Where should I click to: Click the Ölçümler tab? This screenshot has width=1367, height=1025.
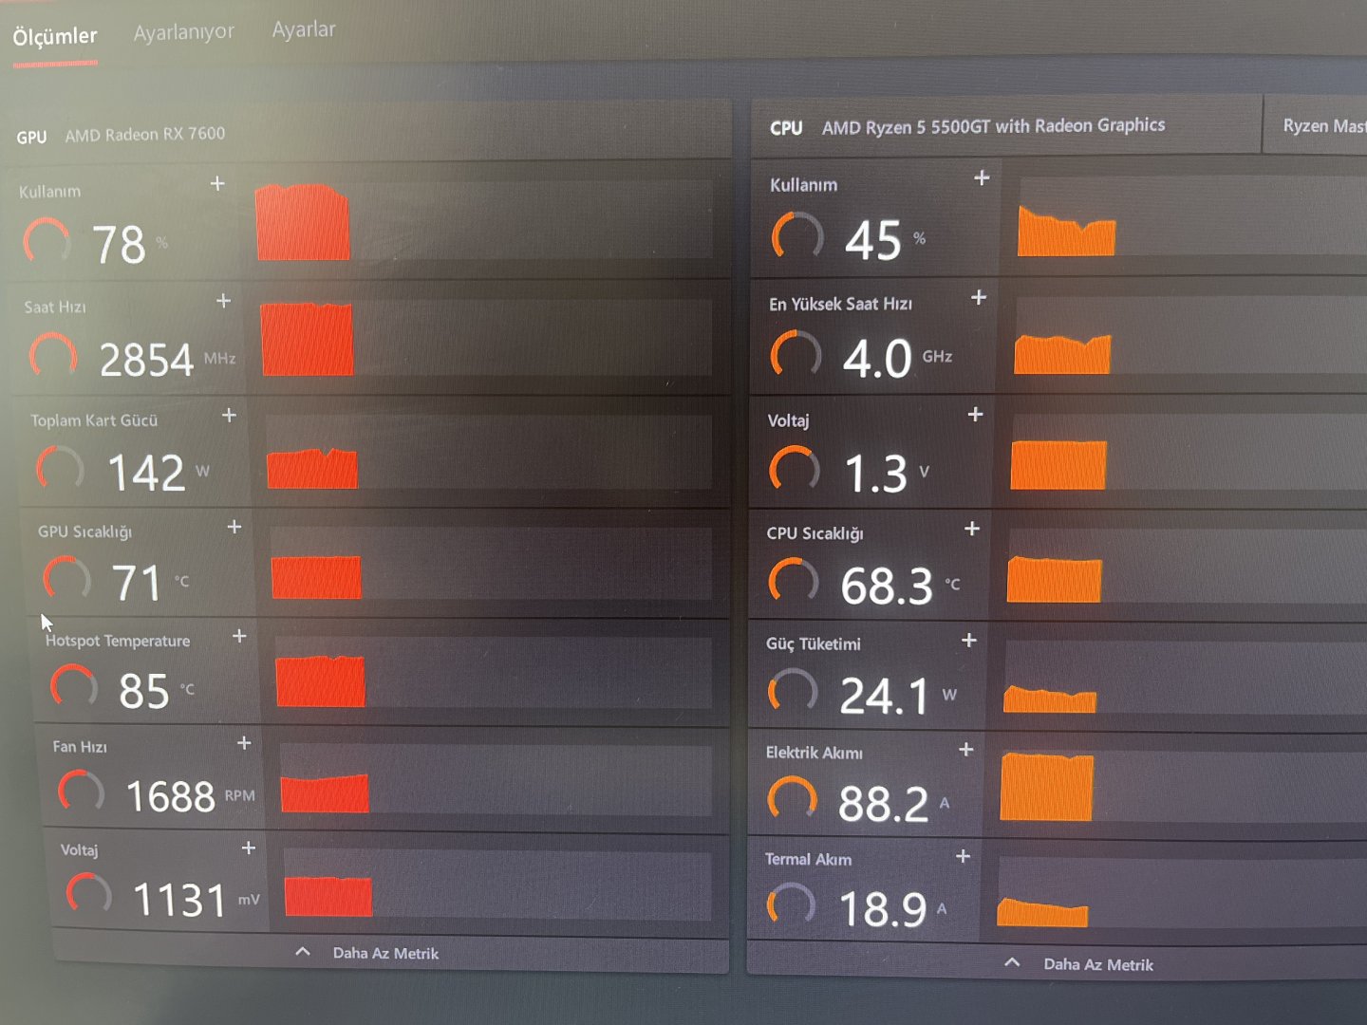55,37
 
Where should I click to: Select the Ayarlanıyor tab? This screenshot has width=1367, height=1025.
183,32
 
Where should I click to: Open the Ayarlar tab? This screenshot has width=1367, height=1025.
304,29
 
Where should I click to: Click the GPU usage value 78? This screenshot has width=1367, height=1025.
119,245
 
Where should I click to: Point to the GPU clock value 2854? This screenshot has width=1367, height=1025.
146,361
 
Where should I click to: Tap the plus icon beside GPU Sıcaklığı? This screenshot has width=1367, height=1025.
234,527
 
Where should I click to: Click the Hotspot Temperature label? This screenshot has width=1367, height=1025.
118,641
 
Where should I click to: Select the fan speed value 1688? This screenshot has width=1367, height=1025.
171,796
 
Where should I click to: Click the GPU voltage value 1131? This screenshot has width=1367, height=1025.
179,900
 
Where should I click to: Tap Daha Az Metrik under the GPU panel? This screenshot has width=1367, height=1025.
384,953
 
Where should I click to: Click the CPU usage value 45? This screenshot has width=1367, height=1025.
873,240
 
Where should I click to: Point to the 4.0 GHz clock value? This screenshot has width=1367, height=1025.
877,359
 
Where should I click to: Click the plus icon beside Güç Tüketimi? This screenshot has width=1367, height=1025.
968,641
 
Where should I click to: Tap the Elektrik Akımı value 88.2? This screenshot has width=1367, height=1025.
883,804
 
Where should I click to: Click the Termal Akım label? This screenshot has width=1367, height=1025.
808,859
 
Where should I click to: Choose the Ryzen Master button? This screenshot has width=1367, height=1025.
1322,126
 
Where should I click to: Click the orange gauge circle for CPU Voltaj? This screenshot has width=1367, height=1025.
794,469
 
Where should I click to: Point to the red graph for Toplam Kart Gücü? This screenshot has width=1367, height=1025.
312,468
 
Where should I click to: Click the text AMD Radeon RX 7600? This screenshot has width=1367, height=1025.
145,135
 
